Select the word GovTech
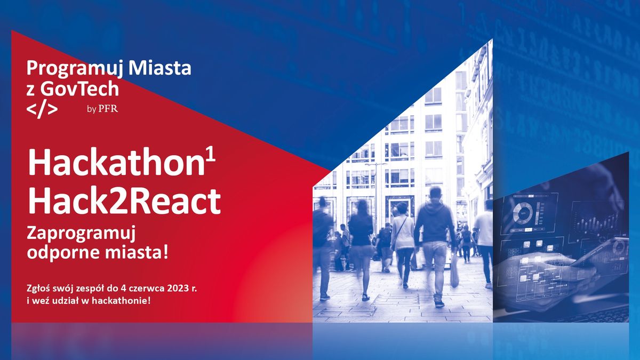79,89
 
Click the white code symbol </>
42,109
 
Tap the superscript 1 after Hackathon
210,157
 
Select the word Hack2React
124,201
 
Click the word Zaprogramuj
81,235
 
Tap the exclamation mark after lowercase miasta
166,252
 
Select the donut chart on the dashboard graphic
523,213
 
